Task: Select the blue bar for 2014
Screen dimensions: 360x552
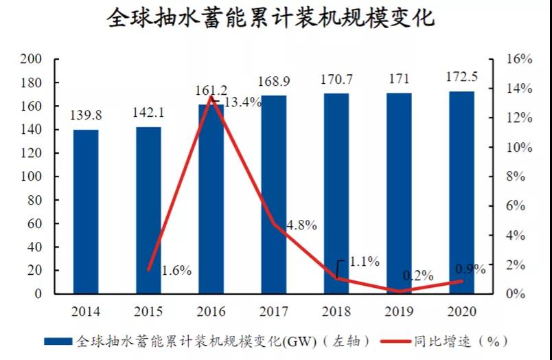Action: (x=86, y=212)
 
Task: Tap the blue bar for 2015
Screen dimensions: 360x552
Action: (x=148, y=210)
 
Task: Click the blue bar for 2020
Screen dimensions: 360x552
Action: (x=461, y=192)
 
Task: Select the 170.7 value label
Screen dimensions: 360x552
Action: (x=336, y=80)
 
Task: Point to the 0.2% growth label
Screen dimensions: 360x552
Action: (x=418, y=275)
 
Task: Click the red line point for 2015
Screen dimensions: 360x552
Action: (x=149, y=270)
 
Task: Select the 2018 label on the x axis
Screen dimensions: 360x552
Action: (x=336, y=311)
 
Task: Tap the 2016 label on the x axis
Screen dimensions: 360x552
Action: (x=211, y=311)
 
